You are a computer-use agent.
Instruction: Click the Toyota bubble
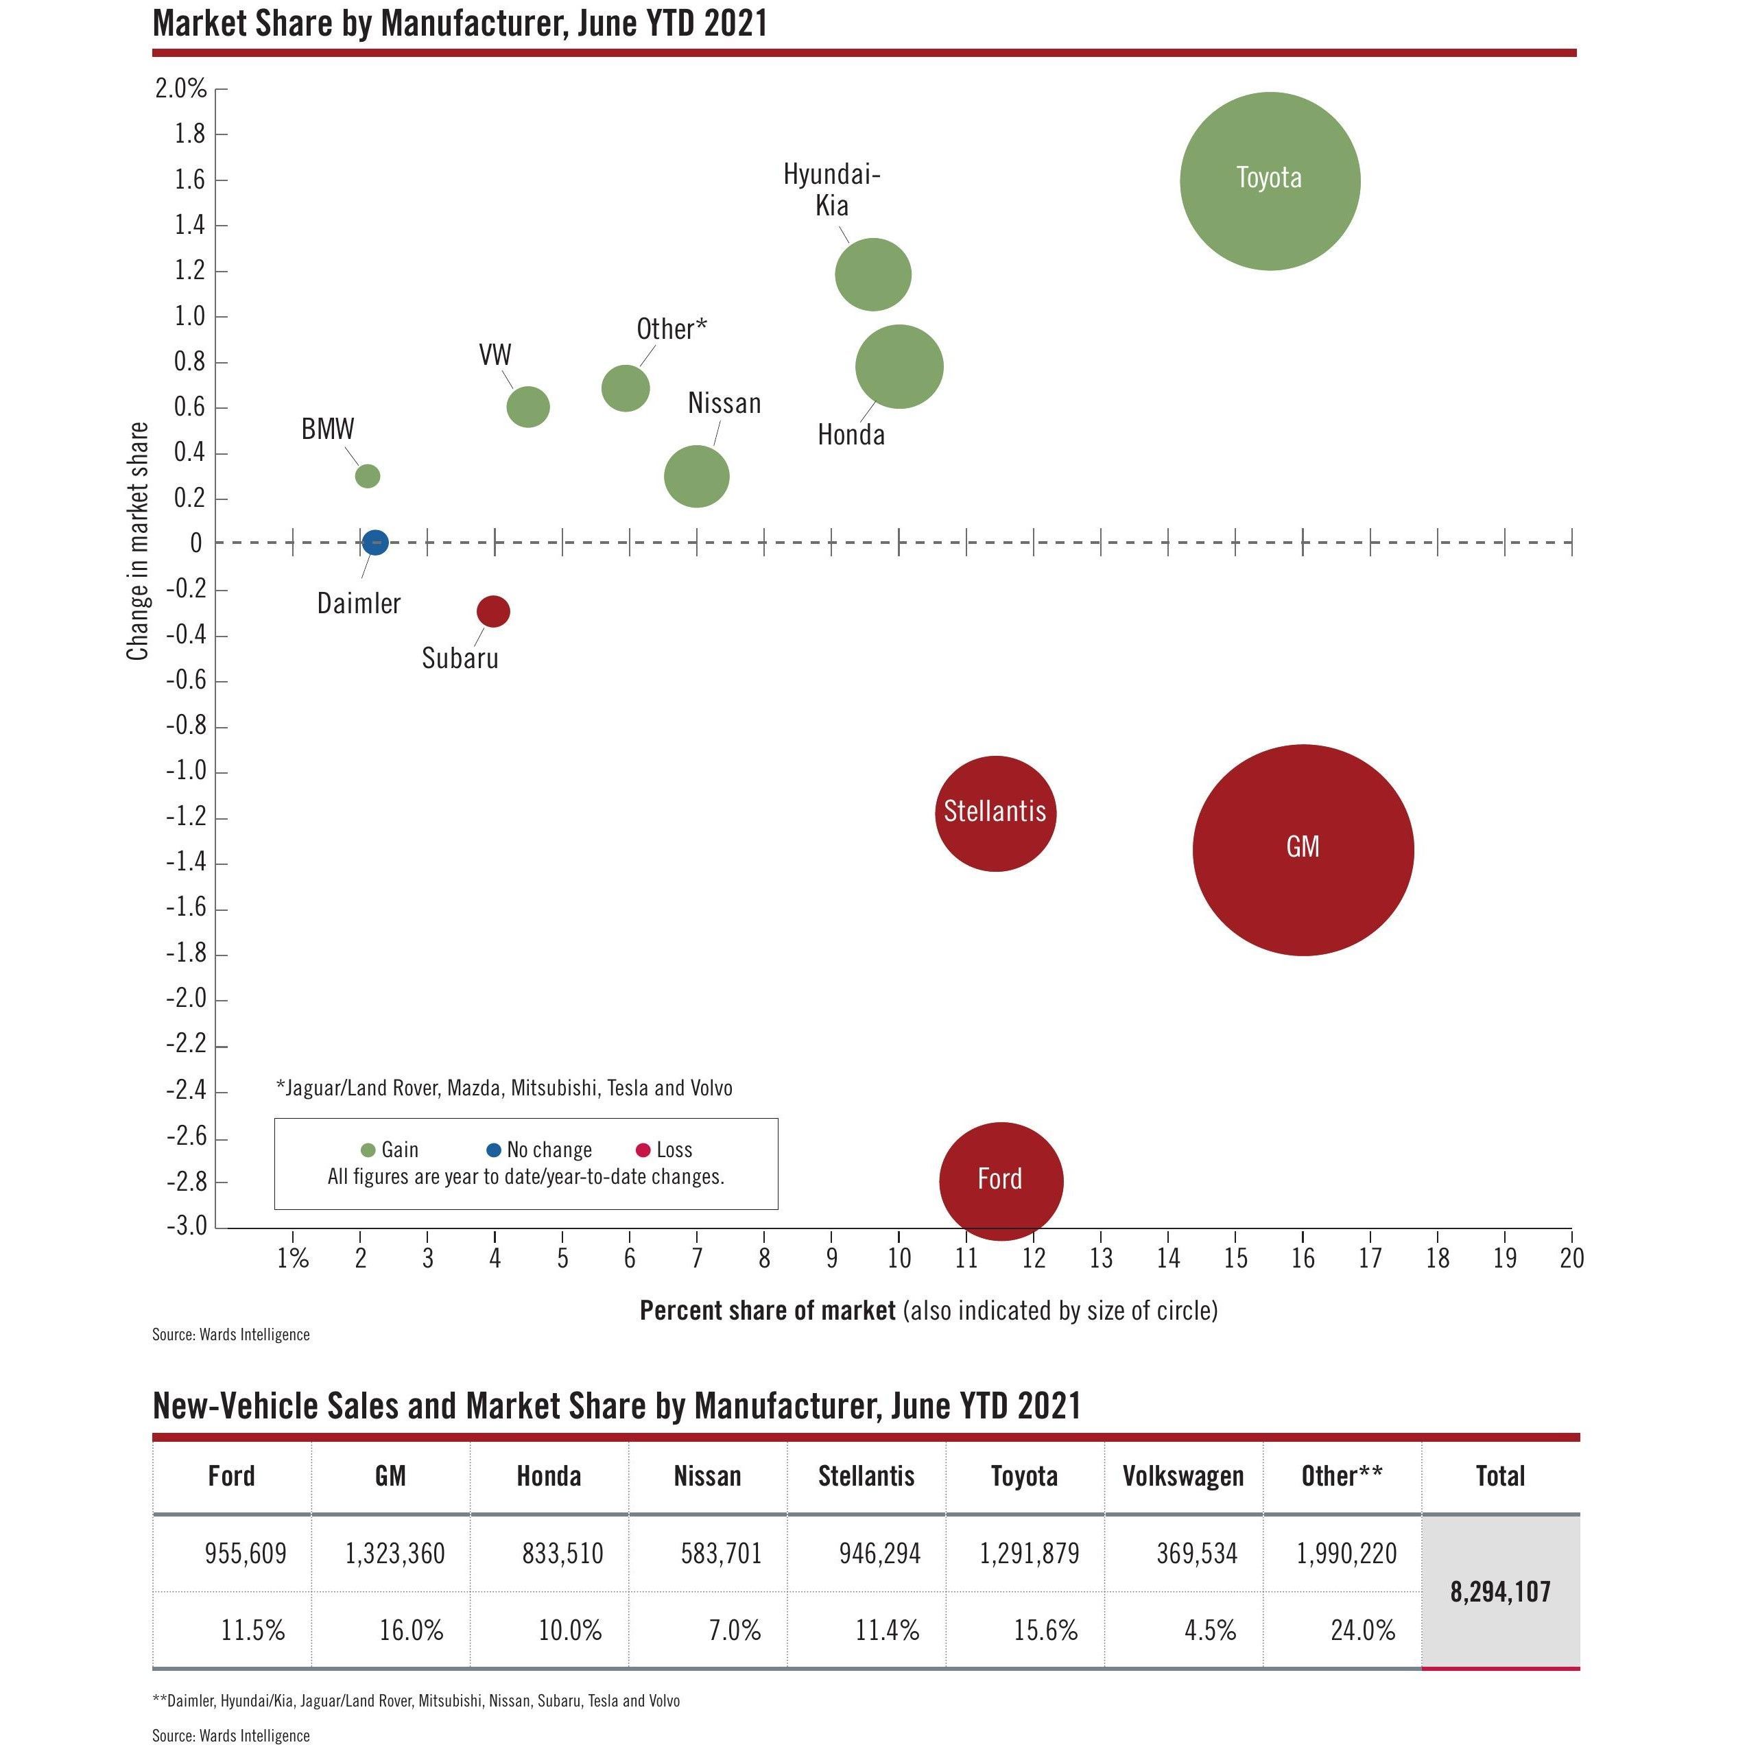tap(1270, 181)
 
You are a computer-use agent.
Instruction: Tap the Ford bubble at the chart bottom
tap(1001, 1180)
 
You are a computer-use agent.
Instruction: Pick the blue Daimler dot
tap(375, 543)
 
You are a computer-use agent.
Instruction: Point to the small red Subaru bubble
tap(492, 611)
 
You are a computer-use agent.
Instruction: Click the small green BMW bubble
tap(367, 475)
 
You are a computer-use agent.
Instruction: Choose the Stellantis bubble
tap(995, 813)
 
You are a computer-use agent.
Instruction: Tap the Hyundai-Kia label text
tap(831, 190)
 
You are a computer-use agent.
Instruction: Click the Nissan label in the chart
tap(724, 403)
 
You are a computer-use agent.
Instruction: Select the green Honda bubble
tap(899, 366)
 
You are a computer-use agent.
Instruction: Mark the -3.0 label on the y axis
tap(187, 1226)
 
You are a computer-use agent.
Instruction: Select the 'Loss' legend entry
tap(665, 1150)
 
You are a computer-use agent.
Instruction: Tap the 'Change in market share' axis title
tap(137, 540)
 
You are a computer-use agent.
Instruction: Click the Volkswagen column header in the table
tap(1183, 1476)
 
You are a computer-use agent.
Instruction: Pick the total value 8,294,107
tap(1500, 1591)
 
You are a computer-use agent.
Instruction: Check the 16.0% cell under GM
tap(412, 1630)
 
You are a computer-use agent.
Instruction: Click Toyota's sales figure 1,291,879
tap(1029, 1554)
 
